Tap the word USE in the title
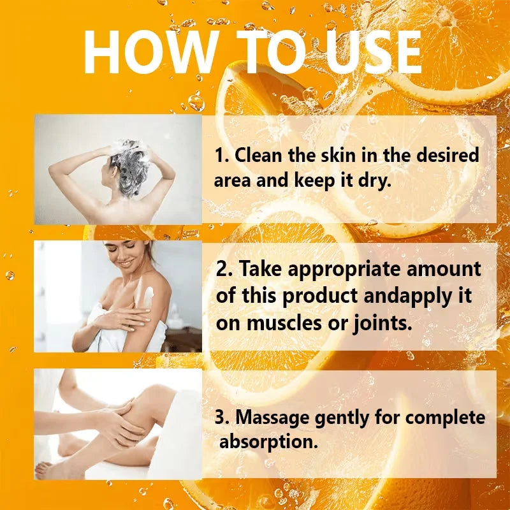pos(374,52)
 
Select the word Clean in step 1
pos(258,155)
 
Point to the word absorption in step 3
pos(268,442)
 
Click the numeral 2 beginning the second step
pos(222,269)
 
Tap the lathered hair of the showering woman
pos(130,166)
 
